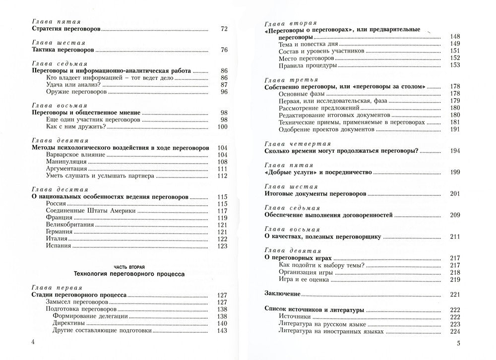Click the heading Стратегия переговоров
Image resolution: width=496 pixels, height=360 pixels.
click(62, 30)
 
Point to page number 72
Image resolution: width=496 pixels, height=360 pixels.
click(223, 30)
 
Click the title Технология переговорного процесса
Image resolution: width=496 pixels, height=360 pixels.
click(128, 273)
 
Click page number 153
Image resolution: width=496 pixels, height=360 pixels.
click(455, 65)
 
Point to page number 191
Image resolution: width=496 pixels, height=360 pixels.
click(455, 129)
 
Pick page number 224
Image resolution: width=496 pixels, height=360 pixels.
click(455, 331)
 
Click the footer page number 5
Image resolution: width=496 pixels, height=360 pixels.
click(459, 344)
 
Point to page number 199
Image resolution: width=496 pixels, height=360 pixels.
click(455, 174)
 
